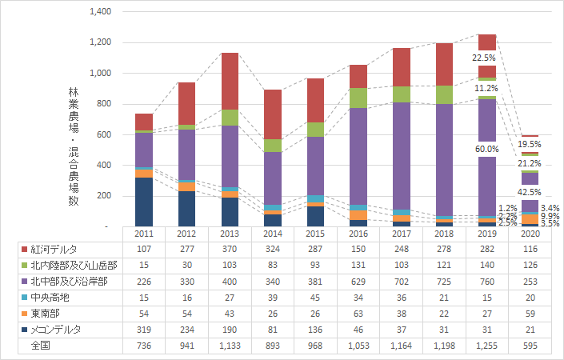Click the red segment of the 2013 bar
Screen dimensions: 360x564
(230, 81)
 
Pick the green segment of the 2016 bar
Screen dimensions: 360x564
(358, 98)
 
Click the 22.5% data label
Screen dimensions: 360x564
(483, 58)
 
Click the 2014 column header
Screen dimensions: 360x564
(273, 234)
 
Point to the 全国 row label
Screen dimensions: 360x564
(39, 346)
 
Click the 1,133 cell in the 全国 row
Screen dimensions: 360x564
(230, 346)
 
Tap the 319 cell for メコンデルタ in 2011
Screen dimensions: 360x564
(143, 330)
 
